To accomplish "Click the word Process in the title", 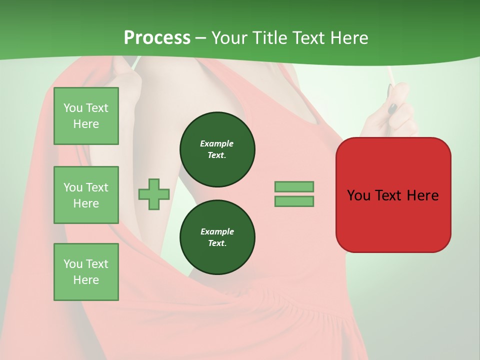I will tap(157, 38).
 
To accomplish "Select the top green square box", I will tap(86, 116).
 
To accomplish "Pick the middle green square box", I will tap(86, 195).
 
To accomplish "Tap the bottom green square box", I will tap(86, 271).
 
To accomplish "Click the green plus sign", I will tap(154, 194).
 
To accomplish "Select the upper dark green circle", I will tap(217, 149).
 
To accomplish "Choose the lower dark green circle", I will tap(217, 237).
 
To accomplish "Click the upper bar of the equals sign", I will tap(294, 186).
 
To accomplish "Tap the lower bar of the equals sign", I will tap(294, 201).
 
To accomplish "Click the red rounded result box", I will tap(393, 194).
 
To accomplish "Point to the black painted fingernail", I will tap(393, 108).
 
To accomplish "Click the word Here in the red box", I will tap(422, 195).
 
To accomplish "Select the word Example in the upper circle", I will tap(217, 143).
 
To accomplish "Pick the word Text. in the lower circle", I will tap(217, 243).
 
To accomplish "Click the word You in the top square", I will tap(73, 108).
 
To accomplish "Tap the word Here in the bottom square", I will tap(86, 280).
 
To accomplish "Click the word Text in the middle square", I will tap(96, 187).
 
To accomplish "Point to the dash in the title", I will tap(200, 38).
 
